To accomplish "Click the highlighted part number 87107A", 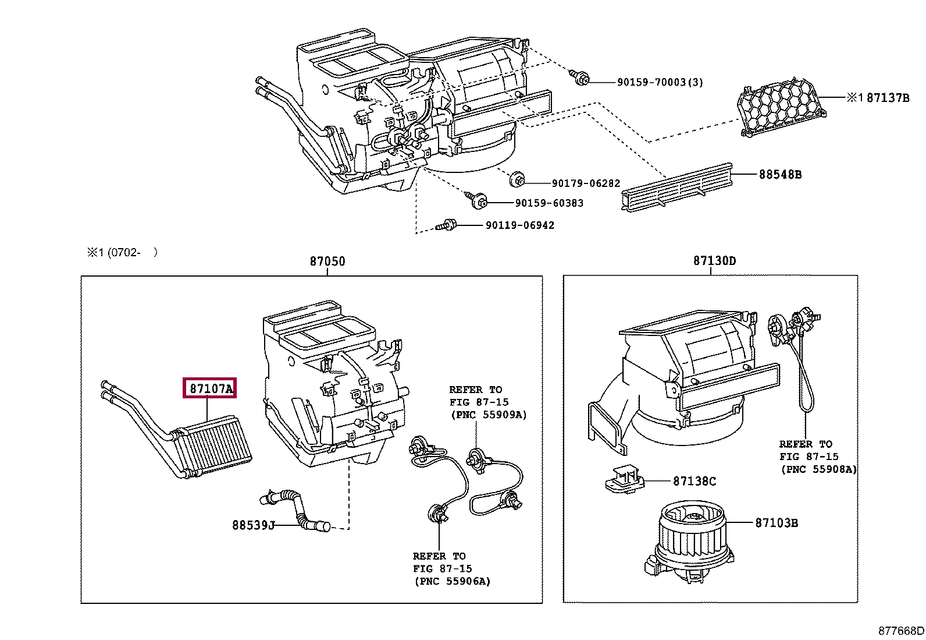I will (210, 388).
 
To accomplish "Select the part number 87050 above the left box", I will (327, 261).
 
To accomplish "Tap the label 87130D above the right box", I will (714, 261).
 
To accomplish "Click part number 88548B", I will (779, 174).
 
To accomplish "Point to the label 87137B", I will (888, 98).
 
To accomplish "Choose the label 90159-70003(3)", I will (660, 83).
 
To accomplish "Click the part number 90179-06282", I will (586, 183).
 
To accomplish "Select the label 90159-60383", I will (549, 203).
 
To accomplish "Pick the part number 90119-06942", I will (519, 225).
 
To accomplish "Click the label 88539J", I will (253, 525).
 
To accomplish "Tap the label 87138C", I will (694, 481).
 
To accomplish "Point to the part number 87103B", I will (777, 523).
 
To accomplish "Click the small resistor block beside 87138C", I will (623, 479).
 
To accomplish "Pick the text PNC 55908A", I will (818, 469).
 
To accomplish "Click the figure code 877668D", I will (901, 630).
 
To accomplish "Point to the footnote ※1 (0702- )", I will (122, 252).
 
